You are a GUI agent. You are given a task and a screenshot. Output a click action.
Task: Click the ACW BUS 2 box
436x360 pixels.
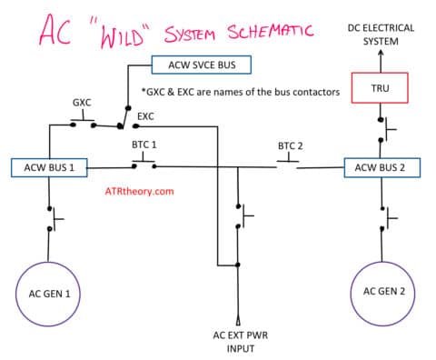click(x=382, y=167)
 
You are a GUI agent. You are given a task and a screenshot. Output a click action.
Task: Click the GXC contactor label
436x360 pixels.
click(x=82, y=103)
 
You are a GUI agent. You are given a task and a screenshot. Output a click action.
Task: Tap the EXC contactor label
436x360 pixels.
click(x=145, y=116)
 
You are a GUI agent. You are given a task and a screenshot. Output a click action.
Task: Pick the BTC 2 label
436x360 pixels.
click(x=290, y=145)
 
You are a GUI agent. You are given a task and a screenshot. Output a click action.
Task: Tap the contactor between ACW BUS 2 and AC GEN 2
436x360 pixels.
click(x=385, y=217)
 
